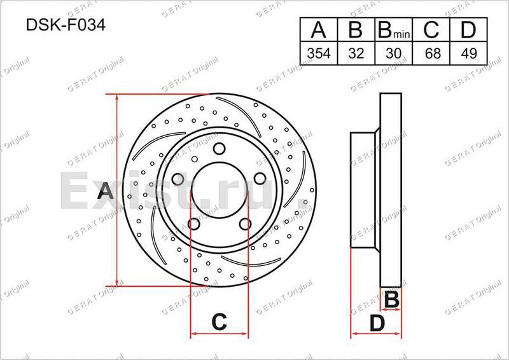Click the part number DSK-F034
(66, 26)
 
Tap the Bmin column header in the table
(393, 31)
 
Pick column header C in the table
(432, 31)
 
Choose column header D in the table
(468, 31)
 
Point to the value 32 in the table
(356, 54)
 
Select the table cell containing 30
(393, 54)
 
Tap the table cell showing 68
(432, 54)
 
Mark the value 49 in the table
(468, 54)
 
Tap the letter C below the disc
(219, 322)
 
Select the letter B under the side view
(392, 298)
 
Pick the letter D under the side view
(378, 323)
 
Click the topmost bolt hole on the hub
(219, 149)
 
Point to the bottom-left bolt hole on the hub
(193, 223)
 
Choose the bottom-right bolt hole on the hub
(244, 223)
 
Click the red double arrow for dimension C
(219, 333)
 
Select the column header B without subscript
(356, 31)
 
